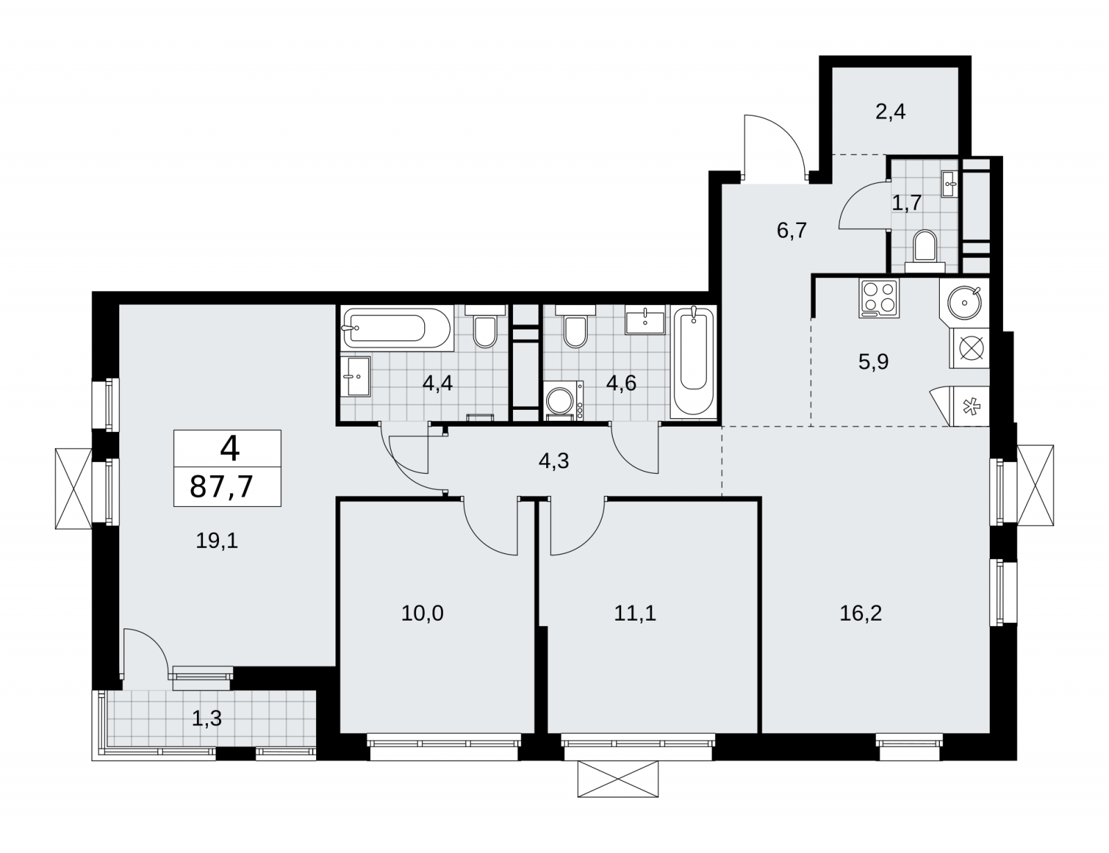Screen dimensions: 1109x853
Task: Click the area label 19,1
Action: pos(217,541)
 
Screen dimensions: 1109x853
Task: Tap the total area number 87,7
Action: pos(222,486)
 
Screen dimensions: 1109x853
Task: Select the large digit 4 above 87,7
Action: pos(229,449)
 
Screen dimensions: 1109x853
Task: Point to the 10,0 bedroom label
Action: pos(422,613)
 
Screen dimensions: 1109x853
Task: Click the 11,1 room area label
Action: pos(635,613)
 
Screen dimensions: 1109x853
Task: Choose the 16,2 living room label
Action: pos(860,613)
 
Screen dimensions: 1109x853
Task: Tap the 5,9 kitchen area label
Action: pos(873,362)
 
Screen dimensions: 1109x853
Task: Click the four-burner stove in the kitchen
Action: pos(879,298)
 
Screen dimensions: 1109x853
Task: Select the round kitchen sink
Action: pos(964,302)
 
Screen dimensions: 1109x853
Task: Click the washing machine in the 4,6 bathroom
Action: pos(564,402)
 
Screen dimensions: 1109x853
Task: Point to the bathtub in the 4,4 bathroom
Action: pos(397,328)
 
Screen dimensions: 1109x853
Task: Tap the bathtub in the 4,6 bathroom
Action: pos(694,362)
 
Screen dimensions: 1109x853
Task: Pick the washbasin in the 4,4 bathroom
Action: pos(355,377)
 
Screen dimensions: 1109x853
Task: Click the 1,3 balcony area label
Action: pos(207,718)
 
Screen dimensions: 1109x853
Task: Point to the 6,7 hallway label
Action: pos(792,231)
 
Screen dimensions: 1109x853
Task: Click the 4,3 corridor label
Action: pos(553,461)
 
